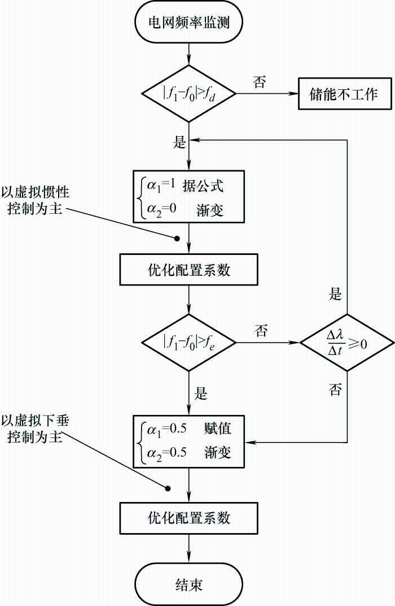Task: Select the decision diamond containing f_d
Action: pos(189,93)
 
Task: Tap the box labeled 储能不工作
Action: pos(345,93)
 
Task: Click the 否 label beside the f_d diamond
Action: pos(260,82)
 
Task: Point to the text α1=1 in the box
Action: pos(162,185)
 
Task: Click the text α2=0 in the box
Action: pos(162,209)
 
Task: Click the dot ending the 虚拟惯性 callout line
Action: pos(177,239)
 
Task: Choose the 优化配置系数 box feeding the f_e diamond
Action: pos(189,270)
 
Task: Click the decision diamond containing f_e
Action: pos(189,342)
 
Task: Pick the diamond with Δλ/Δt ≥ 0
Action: pos(346,342)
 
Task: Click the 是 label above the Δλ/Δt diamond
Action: pos(336,294)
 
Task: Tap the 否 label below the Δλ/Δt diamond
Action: pos(336,389)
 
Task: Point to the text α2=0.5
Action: pos(166,452)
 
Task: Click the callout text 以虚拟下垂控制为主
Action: pos(35,429)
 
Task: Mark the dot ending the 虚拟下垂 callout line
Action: pos(168,487)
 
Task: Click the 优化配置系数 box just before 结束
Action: pos(189,517)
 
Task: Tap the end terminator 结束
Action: pos(189,583)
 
